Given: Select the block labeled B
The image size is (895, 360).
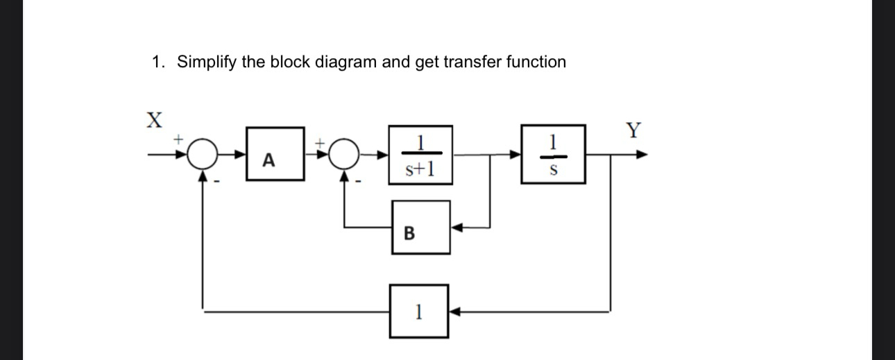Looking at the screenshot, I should (x=421, y=228).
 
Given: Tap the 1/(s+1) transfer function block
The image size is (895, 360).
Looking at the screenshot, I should (x=420, y=155).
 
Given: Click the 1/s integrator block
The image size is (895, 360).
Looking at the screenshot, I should (x=554, y=155).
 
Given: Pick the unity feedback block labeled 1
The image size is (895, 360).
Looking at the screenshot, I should (x=419, y=312).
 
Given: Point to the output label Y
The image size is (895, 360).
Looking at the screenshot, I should (x=633, y=130).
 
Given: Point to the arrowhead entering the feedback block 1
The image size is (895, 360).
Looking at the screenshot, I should (x=454, y=312).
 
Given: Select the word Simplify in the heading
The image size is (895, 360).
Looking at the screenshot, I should (x=207, y=62).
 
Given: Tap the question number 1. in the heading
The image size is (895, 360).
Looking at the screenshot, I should (x=159, y=62).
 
